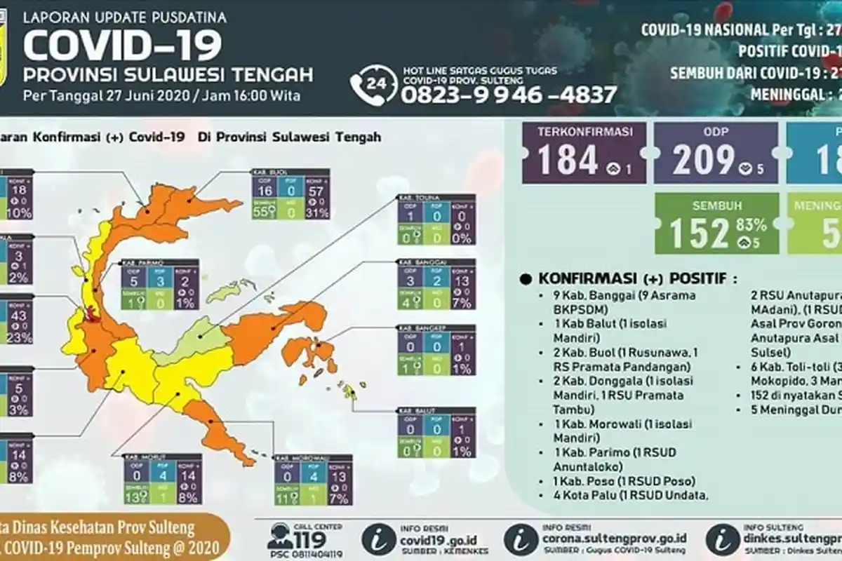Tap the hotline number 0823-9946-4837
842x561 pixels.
pos(509,95)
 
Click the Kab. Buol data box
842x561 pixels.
pos(290,195)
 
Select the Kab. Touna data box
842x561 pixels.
pos(436,219)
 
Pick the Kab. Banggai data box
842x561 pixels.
pos(436,285)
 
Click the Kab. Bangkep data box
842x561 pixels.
pos(436,350)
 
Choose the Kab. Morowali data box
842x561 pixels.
pos(313,480)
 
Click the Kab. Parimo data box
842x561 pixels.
pos(160,285)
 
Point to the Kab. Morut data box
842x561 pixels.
pos(163,479)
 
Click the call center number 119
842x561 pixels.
pos(308,540)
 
